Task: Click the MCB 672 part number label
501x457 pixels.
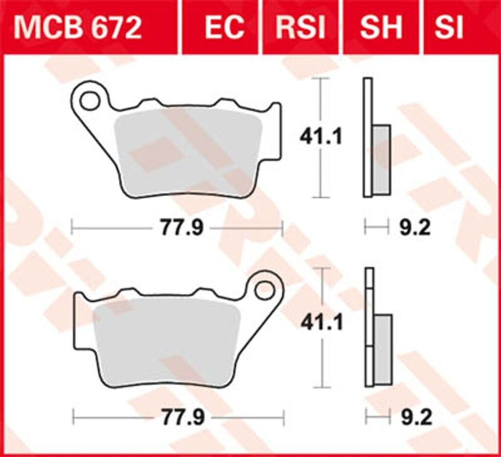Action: pos(78,28)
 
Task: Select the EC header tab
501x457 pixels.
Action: pos(224,28)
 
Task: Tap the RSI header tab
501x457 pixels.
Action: pos(300,28)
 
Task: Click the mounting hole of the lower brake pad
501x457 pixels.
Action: pos(265,290)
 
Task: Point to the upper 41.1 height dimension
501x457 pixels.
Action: pos(321,137)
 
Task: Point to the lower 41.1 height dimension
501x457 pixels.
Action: pos(321,323)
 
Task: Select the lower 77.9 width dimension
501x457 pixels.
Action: pos(182,418)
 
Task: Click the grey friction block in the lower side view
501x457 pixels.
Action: pos(383,349)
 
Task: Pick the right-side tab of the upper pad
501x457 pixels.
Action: pos(276,132)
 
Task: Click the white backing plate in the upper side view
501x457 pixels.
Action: pos(367,137)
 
